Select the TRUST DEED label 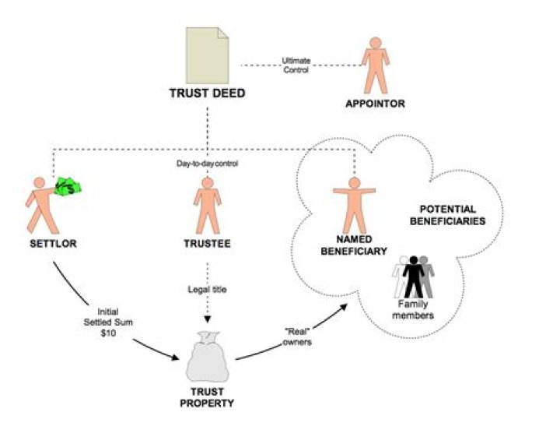tap(208, 93)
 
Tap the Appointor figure tap(376, 65)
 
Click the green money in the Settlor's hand tap(69, 188)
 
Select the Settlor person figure tap(40, 206)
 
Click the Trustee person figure tap(206, 206)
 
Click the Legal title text tap(206, 290)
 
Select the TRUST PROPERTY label tap(207, 397)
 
